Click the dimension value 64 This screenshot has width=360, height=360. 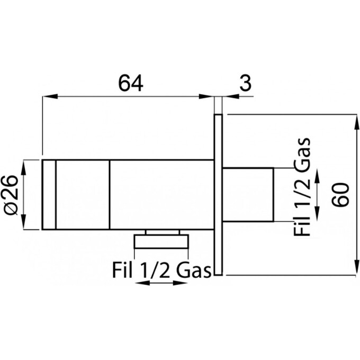click(131, 83)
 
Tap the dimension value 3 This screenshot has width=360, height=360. click(246, 83)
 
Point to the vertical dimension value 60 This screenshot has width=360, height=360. click(340, 195)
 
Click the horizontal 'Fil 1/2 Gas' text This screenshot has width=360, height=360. click(161, 271)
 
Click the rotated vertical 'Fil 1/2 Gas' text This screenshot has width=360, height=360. click(302, 187)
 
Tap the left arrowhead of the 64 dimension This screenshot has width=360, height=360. click(50, 96)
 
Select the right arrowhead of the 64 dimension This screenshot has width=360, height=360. click(206, 96)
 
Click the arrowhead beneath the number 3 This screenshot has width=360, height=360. click(230, 96)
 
